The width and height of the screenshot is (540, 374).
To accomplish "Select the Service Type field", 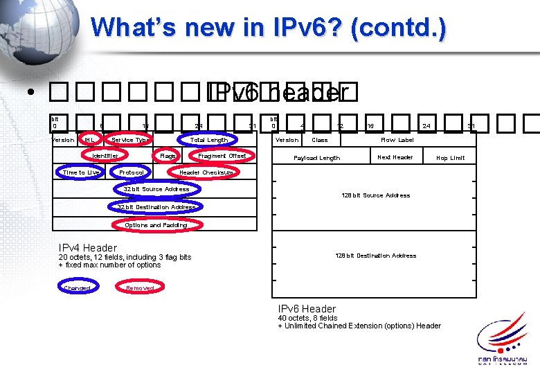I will [x=129, y=140].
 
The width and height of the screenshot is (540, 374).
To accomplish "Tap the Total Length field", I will [x=208, y=140].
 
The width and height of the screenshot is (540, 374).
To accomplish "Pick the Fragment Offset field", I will [x=222, y=156].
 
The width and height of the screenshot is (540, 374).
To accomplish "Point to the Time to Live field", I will [x=80, y=172].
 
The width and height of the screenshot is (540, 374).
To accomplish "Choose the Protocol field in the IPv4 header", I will [x=132, y=172].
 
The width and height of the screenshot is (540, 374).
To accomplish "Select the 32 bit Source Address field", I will [x=156, y=189].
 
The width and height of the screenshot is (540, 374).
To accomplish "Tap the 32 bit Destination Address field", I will [x=156, y=206].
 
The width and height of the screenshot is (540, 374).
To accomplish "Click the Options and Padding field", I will [x=156, y=224].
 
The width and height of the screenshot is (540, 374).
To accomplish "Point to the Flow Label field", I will [x=397, y=140].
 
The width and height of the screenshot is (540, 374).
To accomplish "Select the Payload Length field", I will [x=316, y=158].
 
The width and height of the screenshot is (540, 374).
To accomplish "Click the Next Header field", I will [x=395, y=157].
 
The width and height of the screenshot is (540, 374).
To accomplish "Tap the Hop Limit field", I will [x=450, y=158].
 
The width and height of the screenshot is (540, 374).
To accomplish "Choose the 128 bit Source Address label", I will [x=375, y=195].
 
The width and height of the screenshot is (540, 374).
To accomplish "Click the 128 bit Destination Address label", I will [x=375, y=256].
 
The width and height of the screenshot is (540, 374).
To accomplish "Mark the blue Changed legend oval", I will [x=77, y=287].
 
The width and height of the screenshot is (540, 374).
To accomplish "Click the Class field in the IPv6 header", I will [x=320, y=140].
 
